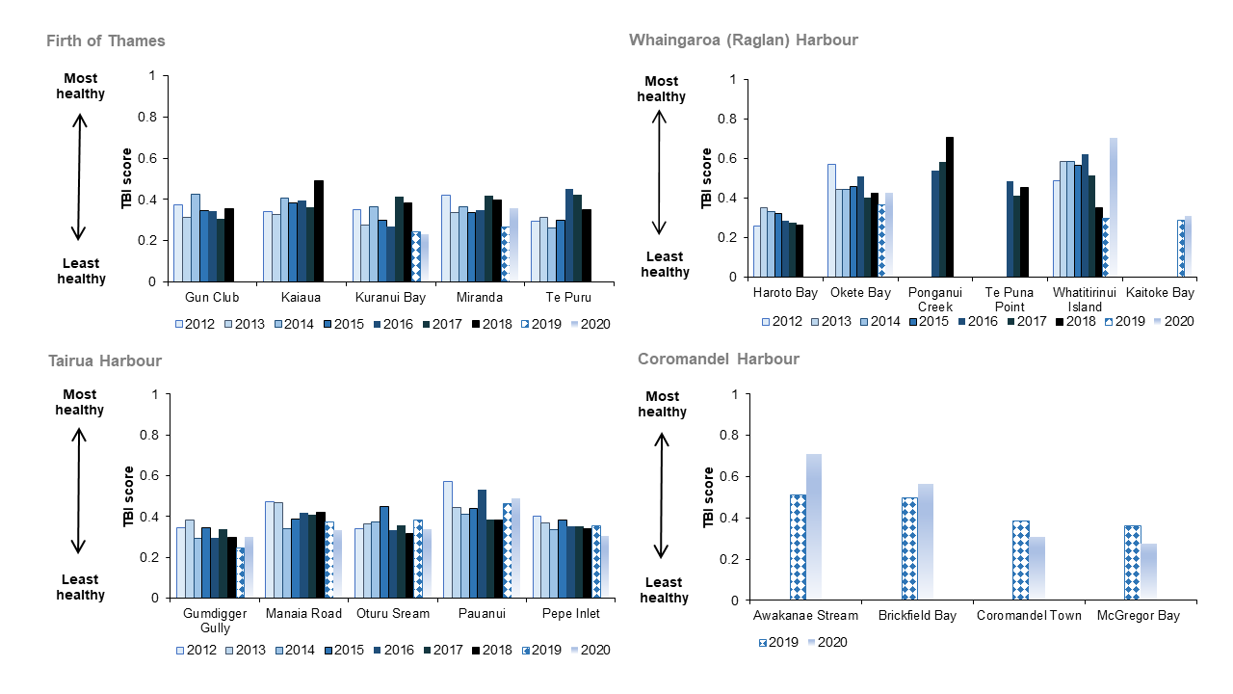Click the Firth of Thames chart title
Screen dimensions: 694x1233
pyautogui.click(x=106, y=40)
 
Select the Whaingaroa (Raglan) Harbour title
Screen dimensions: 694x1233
pyautogui.click(x=743, y=40)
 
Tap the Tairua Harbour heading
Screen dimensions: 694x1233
pyautogui.click(x=105, y=360)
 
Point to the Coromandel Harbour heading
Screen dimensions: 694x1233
pyautogui.click(x=718, y=360)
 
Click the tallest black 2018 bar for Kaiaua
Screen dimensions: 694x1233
pyautogui.click(x=319, y=231)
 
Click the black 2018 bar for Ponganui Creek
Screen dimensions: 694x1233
pyautogui.click(x=950, y=207)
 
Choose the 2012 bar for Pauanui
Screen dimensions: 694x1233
pyautogui.click(x=447, y=540)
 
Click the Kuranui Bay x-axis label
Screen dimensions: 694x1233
pyautogui.click(x=389, y=297)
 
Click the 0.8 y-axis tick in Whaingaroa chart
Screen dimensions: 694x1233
pyautogui.click(x=734, y=119)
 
